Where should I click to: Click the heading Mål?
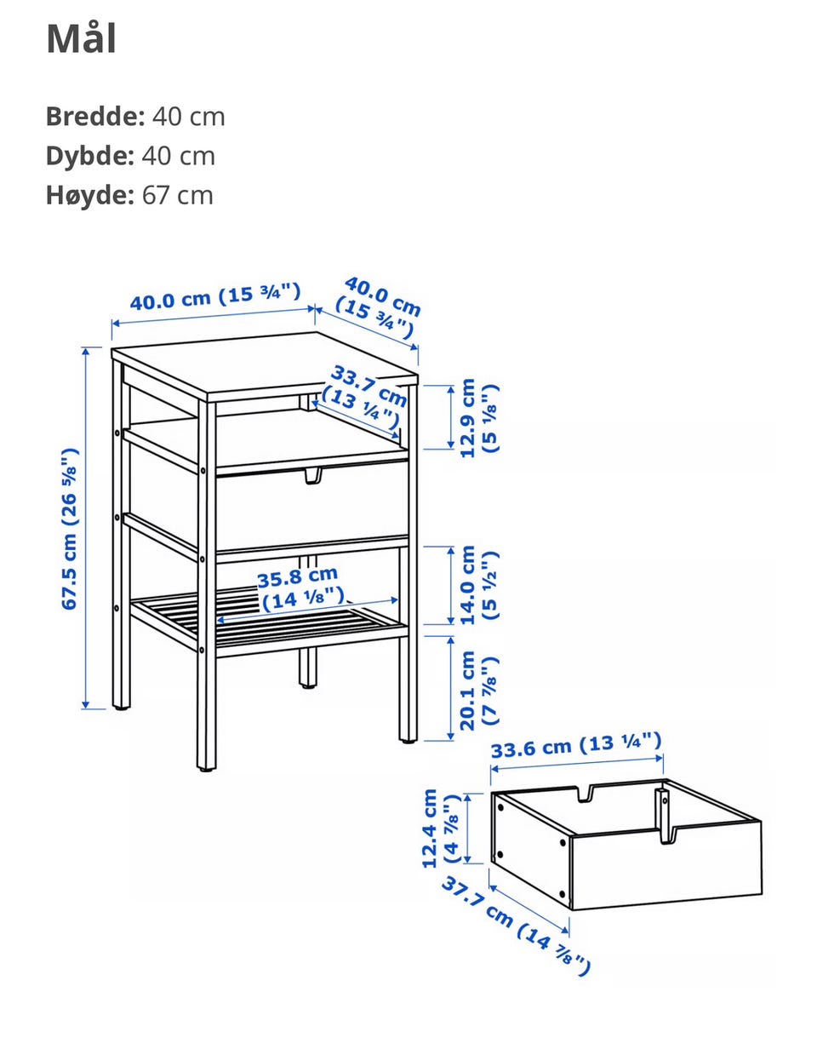[x=82, y=38]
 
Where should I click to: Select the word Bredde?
[x=95, y=117]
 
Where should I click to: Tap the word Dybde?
[x=90, y=156]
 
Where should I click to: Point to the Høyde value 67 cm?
[x=178, y=195]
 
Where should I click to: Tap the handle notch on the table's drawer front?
[x=313, y=476]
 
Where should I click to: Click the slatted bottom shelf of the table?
[x=270, y=622]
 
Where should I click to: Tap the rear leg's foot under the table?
[x=308, y=685]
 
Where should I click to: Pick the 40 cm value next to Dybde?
[x=178, y=156]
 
